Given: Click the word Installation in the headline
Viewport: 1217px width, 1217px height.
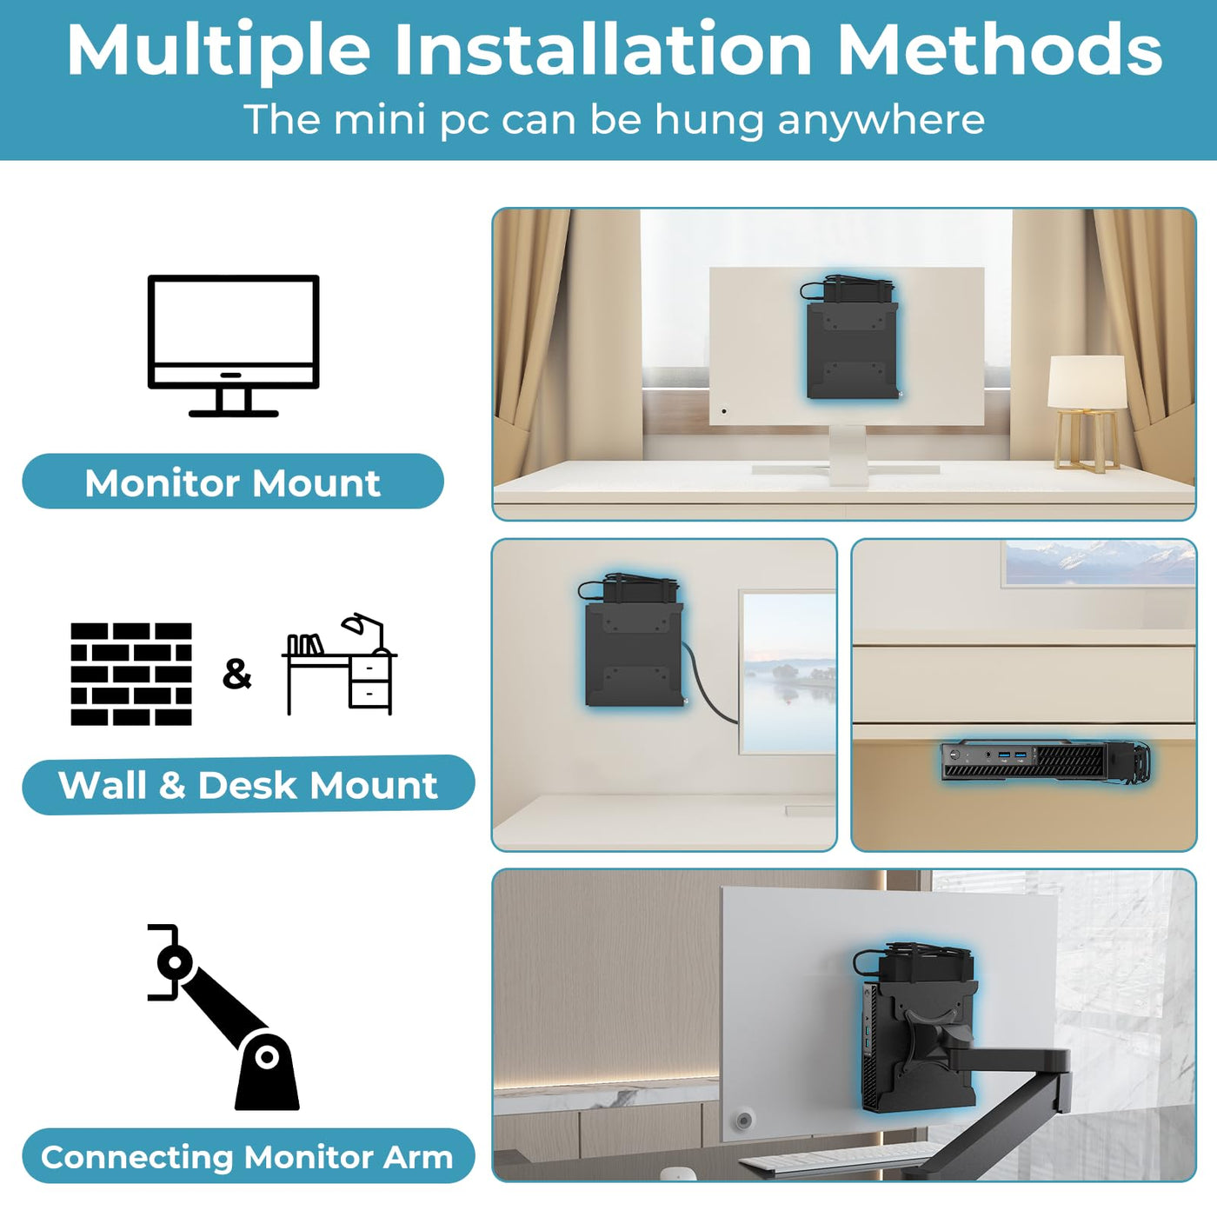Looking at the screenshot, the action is click(x=603, y=50).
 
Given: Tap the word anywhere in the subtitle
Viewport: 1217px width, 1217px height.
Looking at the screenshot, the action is click(x=881, y=120).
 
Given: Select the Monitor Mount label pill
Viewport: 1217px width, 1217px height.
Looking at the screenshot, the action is click(x=233, y=481).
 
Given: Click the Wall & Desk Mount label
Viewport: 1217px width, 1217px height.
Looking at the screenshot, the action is click(x=249, y=784).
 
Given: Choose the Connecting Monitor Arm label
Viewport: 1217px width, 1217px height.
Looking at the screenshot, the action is click(x=249, y=1156).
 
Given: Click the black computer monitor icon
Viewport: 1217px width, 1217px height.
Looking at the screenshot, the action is click(x=234, y=345).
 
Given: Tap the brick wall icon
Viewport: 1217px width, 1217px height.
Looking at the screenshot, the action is click(x=131, y=674).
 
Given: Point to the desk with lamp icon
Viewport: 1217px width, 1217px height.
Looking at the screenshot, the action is click(x=339, y=664).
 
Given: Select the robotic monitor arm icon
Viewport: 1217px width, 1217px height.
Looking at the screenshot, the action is click(x=223, y=1017).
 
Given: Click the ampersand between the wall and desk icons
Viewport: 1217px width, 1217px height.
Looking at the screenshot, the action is click(x=236, y=674).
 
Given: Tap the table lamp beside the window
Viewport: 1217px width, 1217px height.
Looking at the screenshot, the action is click(x=1087, y=414).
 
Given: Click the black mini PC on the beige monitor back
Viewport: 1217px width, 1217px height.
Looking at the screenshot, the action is click(x=851, y=337).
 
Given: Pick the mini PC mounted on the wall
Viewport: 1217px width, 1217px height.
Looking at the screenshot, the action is click(x=634, y=640).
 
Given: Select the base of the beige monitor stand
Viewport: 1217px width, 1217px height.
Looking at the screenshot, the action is click(x=846, y=469).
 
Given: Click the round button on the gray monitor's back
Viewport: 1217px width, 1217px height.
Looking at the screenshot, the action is click(x=744, y=1121).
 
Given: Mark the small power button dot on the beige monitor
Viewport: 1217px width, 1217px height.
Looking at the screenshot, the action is click(x=724, y=411).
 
